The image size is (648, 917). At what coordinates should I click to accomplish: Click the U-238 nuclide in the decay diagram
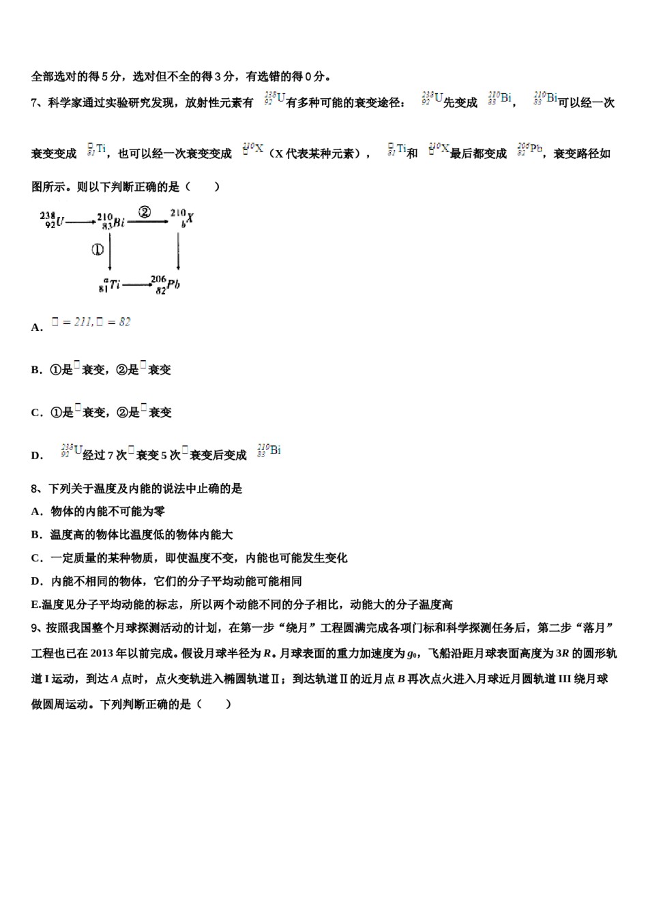tap(52, 220)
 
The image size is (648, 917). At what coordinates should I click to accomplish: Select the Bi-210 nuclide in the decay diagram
tap(111, 220)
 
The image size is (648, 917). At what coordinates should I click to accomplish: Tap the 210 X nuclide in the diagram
tap(182, 218)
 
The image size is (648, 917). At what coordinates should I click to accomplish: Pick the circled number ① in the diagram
tap(98, 250)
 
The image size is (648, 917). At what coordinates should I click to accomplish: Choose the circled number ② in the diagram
tap(144, 212)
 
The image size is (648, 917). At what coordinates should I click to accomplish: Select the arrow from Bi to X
tap(149, 220)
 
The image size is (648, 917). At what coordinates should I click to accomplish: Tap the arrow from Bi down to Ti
tap(110, 251)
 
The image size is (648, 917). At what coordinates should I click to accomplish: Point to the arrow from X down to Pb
tap(178, 251)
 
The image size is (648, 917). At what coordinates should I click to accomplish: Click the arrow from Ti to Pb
tap(137, 284)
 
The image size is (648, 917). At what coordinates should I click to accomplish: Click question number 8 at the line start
tap(35, 489)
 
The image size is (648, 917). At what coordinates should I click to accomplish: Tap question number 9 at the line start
tap(35, 628)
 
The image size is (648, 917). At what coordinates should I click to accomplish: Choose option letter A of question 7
tap(36, 327)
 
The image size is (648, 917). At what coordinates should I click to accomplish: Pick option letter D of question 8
tap(36, 581)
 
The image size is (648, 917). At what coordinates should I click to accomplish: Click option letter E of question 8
tap(35, 605)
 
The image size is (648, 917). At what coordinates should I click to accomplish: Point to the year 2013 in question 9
tap(103, 653)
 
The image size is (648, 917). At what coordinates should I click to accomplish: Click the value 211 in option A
tap(83, 322)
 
